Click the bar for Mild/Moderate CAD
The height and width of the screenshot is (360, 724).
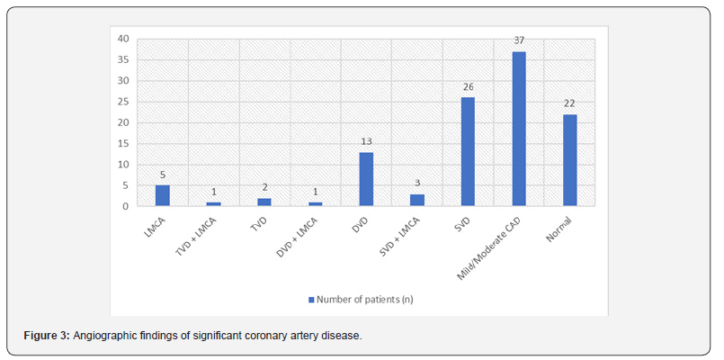[x=519, y=129]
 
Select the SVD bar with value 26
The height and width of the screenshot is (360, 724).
[x=468, y=151]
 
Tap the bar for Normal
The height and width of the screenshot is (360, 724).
[x=570, y=160]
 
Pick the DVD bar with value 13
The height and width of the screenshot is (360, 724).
[x=365, y=179]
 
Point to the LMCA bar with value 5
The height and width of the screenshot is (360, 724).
[x=162, y=195]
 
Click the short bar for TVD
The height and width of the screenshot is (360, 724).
[x=264, y=202]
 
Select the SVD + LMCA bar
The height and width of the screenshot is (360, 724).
[x=416, y=200]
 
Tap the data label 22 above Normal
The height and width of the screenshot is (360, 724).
[x=570, y=104]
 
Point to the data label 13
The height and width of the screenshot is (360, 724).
[x=365, y=142]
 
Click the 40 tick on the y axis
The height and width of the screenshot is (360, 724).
[x=122, y=39]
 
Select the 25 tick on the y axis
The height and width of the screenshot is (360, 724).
[x=122, y=102]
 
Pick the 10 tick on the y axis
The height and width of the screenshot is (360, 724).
[x=122, y=165]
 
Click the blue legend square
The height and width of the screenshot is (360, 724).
[x=310, y=299]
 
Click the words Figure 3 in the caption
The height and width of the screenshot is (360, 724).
[x=45, y=336]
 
